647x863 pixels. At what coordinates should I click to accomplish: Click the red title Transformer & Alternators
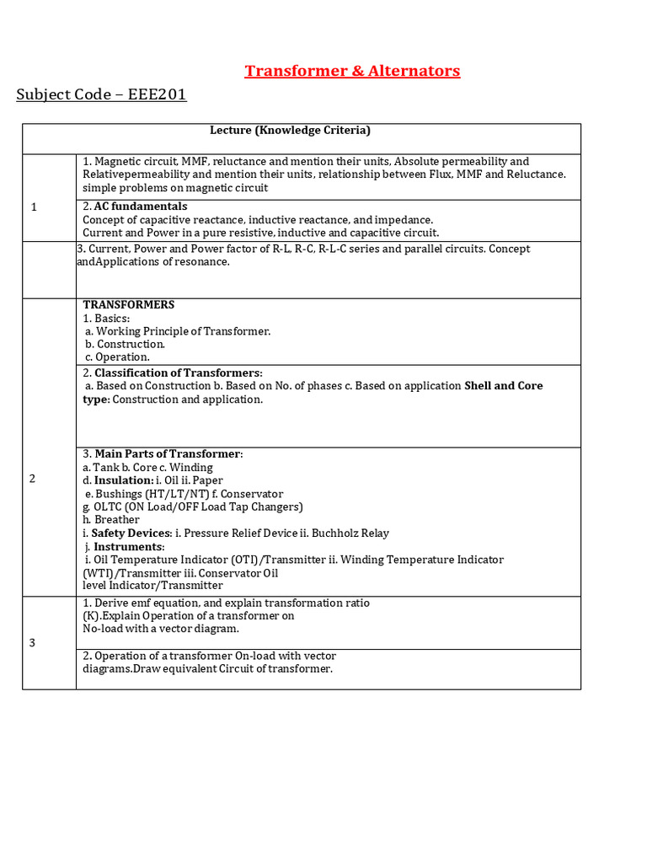tap(352, 71)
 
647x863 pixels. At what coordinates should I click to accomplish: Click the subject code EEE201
tap(157, 94)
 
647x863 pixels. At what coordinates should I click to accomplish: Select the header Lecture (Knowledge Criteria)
tap(290, 131)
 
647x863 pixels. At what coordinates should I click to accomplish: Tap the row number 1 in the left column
tap(33, 206)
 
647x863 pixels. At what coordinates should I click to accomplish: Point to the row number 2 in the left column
tap(33, 479)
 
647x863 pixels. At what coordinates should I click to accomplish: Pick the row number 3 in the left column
tap(33, 643)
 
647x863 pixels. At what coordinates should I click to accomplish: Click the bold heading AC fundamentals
tap(141, 206)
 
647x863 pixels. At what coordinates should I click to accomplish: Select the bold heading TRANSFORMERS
tap(129, 305)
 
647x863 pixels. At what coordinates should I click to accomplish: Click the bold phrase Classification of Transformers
tap(178, 373)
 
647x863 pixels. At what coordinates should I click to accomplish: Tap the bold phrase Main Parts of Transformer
tap(168, 454)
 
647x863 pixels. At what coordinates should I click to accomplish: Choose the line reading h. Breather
tap(111, 520)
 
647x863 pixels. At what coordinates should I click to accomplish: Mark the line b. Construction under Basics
tap(125, 344)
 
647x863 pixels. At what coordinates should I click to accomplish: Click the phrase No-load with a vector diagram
tap(161, 628)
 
